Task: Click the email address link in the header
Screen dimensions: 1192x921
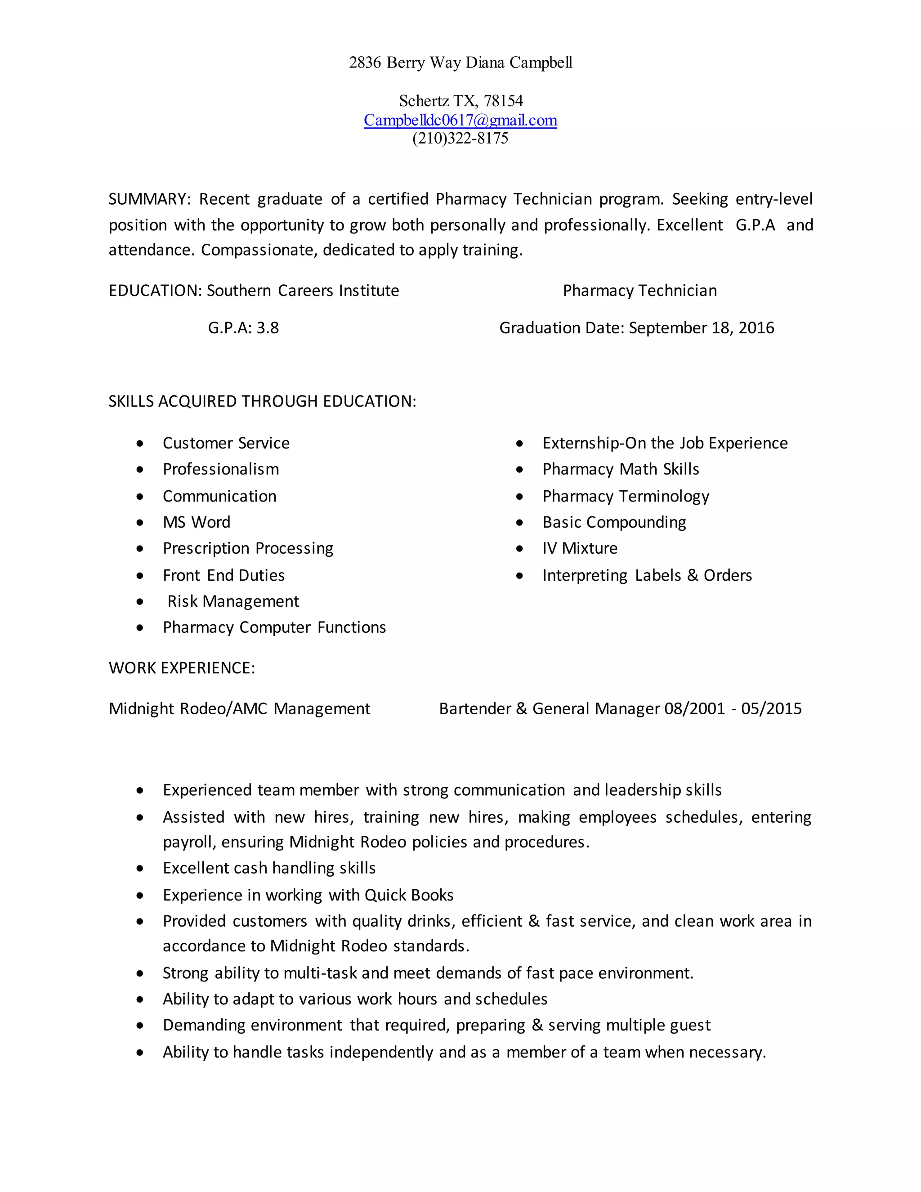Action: [x=460, y=120]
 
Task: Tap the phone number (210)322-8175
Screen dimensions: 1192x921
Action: [x=460, y=138]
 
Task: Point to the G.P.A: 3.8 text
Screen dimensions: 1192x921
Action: [x=243, y=328]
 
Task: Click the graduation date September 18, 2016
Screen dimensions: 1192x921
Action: [x=701, y=328]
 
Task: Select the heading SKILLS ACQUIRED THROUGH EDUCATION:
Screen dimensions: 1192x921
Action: [x=262, y=402]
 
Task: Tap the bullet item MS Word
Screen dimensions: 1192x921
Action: [x=197, y=522]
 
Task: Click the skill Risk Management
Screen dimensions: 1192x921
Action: [x=233, y=601]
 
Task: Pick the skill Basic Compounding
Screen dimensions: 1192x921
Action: [x=614, y=522]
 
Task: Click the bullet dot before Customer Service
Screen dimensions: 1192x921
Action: [x=140, y=444]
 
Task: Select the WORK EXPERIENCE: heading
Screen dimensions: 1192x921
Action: [x=182, y=668]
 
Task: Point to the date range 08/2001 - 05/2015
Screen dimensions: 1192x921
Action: [x=733, y=709]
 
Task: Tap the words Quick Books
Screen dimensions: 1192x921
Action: [x=409, y=895]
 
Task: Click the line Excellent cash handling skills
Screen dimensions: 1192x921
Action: [x=269, y=868]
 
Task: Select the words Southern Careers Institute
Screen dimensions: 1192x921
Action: [x=302, y=291]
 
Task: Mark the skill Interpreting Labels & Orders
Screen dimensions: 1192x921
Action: [x=647, y=576]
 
